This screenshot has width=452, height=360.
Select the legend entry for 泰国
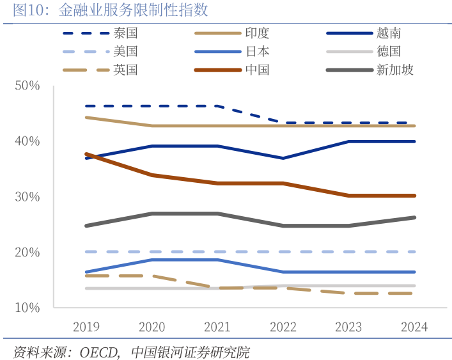point(125,33)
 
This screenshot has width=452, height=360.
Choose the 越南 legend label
point(389,33)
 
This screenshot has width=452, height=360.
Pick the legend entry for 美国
point(125,52)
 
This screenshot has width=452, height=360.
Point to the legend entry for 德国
point(389,52)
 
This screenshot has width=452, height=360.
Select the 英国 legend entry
point(125,70)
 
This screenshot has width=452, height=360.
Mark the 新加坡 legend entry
point(395,70)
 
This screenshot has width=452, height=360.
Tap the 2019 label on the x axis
point(86,327)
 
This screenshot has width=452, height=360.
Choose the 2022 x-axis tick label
point(283,327)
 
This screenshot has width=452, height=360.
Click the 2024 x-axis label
point(414,327)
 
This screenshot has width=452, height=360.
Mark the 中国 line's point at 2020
point(152,175)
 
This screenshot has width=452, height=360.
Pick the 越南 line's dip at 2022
point(283,158)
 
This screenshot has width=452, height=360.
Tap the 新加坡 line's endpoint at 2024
point(414,217)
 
